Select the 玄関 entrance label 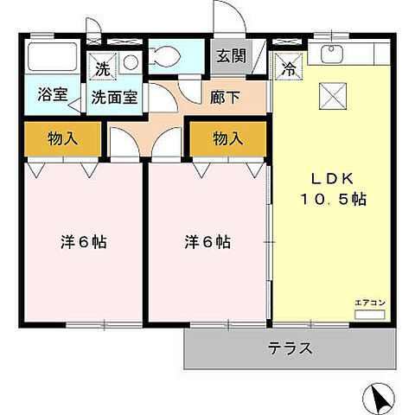(x=231, y=57)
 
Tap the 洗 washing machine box (x=103, y=66)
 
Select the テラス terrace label (x=290, y=349)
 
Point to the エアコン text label (x=369, y=302)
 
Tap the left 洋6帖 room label (x=85, y=242)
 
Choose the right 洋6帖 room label (x=207, y=242)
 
